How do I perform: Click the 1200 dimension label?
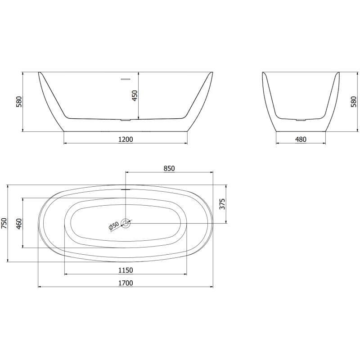point(125,139)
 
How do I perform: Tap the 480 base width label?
point(300,139)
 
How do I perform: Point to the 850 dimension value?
point(169,168)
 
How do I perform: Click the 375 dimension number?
point(221,204)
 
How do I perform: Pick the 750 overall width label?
point(4,224)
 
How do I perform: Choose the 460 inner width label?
point(19,224)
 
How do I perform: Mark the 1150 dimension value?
point(125,270)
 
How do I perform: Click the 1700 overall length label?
point(125,283)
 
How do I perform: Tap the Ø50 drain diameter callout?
point(113,226)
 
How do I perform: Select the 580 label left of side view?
point(19,102)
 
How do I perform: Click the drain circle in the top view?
point(126,223)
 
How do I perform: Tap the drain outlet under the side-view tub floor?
point(126,120)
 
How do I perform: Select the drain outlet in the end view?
point(300,120)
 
